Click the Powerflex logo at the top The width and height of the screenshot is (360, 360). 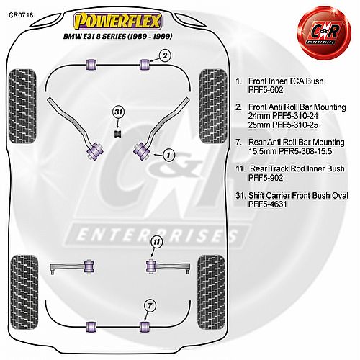[117, 21]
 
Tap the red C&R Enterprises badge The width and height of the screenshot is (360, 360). [324, 32]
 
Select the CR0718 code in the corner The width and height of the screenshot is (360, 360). [21, 15]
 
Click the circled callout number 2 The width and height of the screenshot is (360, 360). [165, 56]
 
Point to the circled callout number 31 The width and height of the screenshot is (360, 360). [119, 112]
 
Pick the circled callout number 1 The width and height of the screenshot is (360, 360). [168, 155]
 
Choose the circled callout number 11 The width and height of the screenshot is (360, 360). [156, 242]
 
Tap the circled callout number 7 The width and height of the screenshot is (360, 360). [150, 306]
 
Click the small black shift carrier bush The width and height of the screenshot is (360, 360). [117, 134]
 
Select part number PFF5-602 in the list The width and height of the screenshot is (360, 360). [266, 90]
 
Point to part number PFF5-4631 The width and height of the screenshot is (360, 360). [268, 204]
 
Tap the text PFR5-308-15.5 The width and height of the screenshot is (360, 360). [305, 151]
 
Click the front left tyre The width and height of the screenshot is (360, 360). [22, 107]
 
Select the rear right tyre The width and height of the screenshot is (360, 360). [211, 292]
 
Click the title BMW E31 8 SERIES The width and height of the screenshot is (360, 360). [94, 37]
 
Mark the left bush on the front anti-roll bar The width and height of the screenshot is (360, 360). [91, 64]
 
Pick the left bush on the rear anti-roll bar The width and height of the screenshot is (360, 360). [91, 327]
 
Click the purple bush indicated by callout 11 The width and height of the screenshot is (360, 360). [151, 266]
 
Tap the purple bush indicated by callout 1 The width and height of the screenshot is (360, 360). [142, 150]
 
